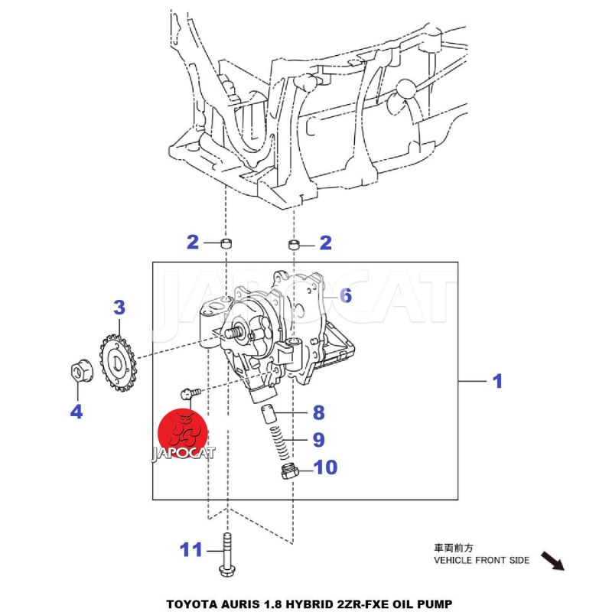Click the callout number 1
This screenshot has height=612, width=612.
(x=497, y=380)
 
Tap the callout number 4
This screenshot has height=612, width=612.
(x=76, y=412)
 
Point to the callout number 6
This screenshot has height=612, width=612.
(x=346, y=295)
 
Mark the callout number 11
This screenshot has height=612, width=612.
(x=191, y=549)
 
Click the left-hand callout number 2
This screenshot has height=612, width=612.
(x=192, y=243)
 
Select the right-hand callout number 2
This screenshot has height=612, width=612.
(x=326, y=243)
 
